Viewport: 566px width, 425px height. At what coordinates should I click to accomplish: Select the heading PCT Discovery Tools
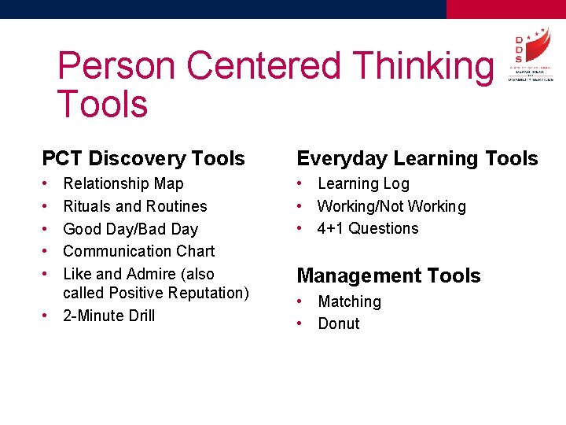143,158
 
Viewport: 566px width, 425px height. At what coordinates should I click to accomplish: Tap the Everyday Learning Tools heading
417,158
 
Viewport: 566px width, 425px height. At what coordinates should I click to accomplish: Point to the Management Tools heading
388,275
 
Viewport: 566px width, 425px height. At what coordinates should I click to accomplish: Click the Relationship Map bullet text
123,183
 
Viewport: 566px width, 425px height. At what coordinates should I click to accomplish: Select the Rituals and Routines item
134,206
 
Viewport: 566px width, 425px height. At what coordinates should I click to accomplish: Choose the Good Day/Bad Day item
130,229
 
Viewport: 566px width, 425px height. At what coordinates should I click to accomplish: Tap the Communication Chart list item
138,251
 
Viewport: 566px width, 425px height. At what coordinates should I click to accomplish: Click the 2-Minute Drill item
108,316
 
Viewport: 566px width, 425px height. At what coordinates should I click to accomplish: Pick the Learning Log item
363,183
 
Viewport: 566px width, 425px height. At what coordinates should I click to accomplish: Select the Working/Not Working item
391,206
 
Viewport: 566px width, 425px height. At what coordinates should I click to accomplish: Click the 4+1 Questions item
368,228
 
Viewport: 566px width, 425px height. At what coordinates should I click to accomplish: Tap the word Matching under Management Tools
349,301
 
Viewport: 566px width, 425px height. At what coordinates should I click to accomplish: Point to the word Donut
338,323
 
